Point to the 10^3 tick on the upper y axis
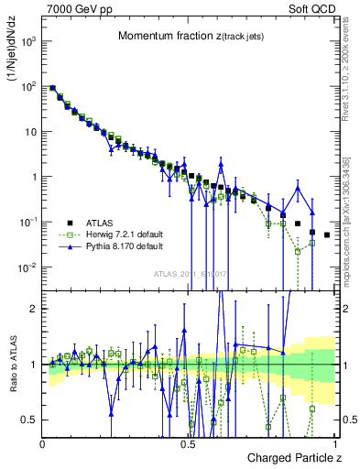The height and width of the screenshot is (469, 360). (27, 41)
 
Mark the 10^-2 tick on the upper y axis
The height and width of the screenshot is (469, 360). (27, 267)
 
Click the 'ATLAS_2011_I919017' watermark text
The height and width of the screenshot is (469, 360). (189, 273)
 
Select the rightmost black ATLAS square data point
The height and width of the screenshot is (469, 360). (327, 235)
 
